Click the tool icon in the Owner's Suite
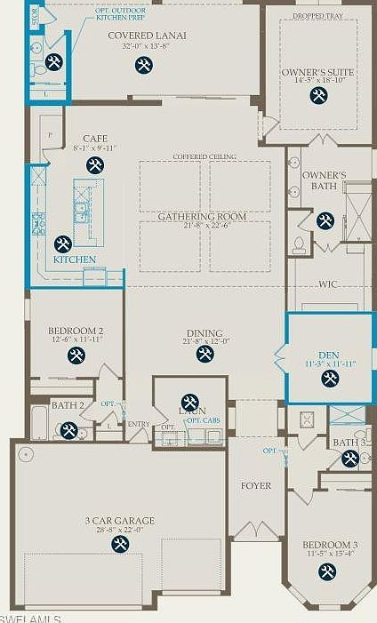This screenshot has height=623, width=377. click(318, 95)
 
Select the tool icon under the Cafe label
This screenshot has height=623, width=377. click(95, 164)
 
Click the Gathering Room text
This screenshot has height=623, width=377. click(202, 216)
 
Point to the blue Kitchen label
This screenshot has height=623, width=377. click(74, 260)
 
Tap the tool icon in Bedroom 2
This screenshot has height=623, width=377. click(76, 355)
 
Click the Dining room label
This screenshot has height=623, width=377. click(205, 330)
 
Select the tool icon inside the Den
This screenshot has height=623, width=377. click(329, 379)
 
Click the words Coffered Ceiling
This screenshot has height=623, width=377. click(205, 156)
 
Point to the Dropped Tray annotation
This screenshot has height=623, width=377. click(318, 15)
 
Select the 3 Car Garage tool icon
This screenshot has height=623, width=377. click(120, 543)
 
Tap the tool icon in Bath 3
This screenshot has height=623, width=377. click(350, 459)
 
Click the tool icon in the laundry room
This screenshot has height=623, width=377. click(189, 402)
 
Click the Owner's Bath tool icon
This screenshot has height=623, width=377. click(325, 220)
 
